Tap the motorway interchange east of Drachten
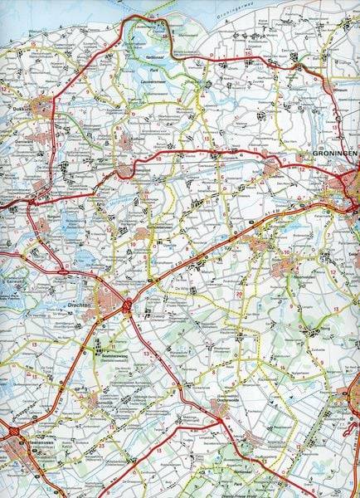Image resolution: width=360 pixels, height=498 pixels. point(127,305)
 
